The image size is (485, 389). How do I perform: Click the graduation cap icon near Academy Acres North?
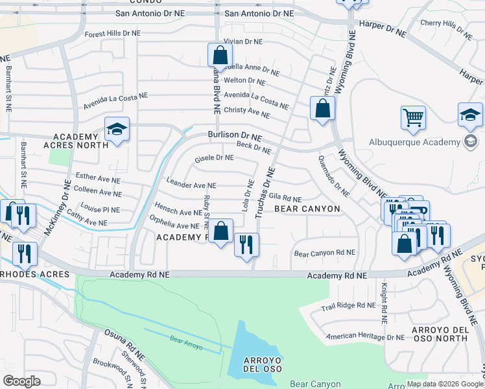pyautogui.click(x=117, y=129)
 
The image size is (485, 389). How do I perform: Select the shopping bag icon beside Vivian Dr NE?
pyautogui.click(x=220, y=55)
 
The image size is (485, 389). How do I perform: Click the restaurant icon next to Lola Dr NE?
pyautogui.click(x=246, y=244)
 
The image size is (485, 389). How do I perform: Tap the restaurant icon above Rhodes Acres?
pyautogui.click(x=25, y=254)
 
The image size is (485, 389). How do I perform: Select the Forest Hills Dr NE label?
pyautogui.click(x=112, y=33)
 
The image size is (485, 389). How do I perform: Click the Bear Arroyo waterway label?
pyautogui.click(x=187, y=343)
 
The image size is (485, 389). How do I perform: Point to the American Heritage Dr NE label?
pyautogui.click(x=365, y=336)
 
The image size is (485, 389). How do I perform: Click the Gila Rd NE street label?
pyautogui.click(x=285, y=198)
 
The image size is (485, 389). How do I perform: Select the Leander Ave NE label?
pyautogui.click(x=191, y=185)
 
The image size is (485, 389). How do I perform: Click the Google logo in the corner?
pyautogui.click(x=21, y=381)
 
